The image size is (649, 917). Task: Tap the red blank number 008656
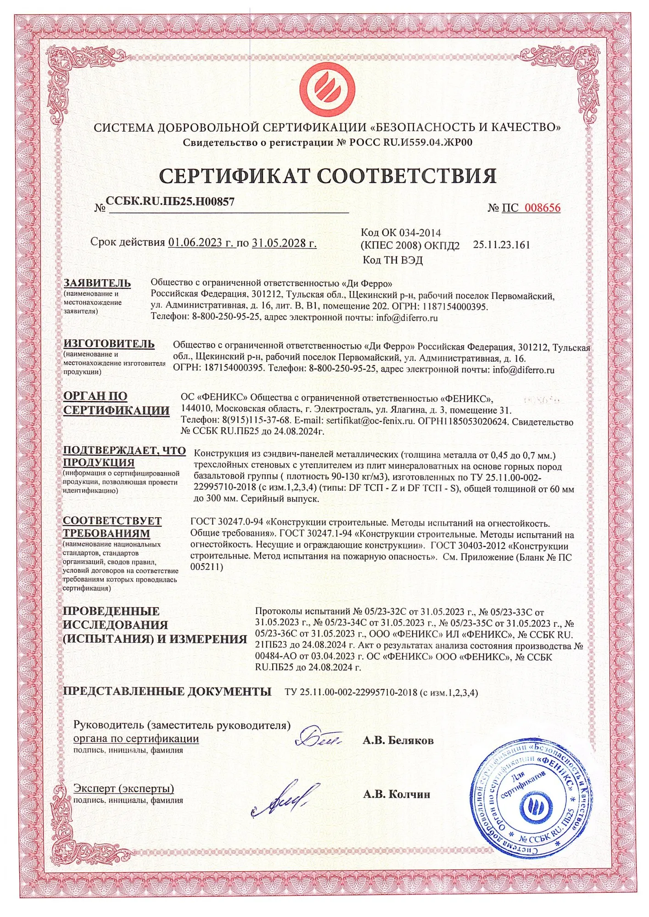(543, 208)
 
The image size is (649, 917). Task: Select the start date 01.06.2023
(201, 243)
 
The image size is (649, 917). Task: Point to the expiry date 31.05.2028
(284, 243)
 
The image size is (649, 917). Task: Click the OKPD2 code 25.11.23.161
(501, 245)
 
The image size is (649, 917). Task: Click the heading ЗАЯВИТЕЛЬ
(97, 283)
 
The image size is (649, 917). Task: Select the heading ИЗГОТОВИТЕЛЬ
(109, 343)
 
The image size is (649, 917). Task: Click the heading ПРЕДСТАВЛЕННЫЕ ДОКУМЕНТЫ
(167, 691)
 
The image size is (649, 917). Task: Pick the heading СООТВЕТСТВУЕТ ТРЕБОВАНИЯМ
(112, 527)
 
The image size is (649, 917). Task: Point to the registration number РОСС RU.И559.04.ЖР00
(411, 142)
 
